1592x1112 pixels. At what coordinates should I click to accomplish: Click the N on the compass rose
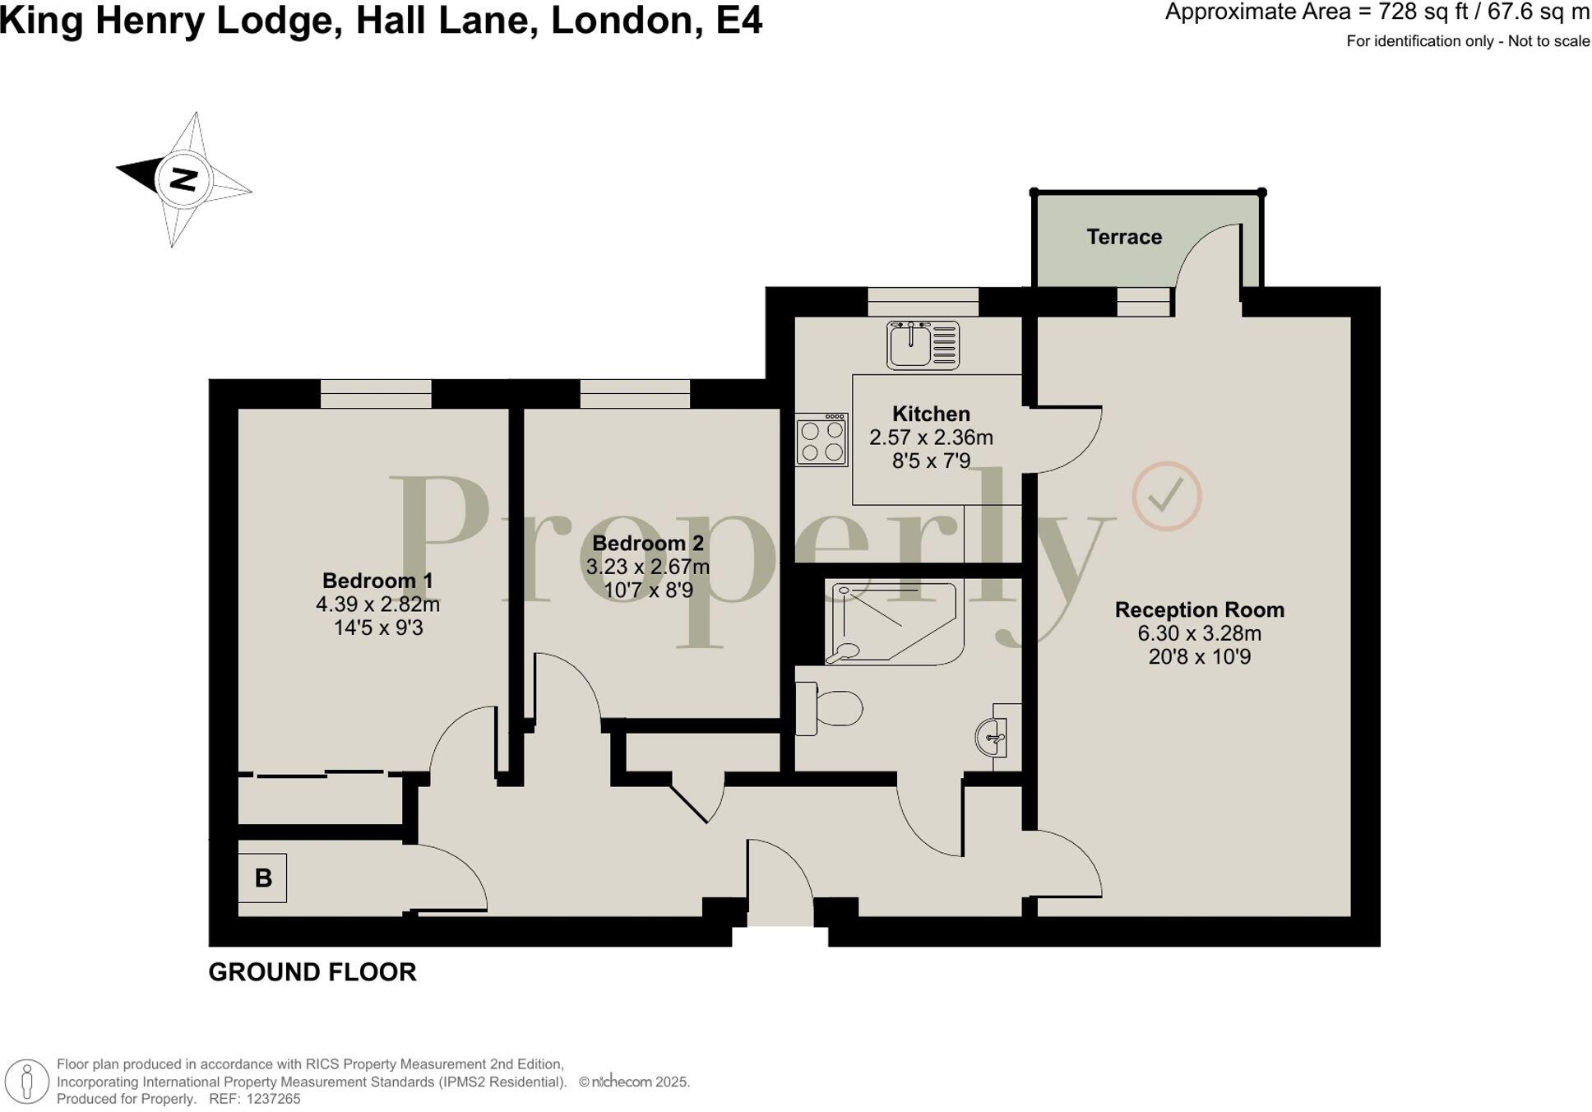click(x=183, y=178)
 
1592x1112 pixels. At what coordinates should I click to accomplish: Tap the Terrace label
click(x=1123, y=237)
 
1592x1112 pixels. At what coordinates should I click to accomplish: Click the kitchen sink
click(x=923, y=345)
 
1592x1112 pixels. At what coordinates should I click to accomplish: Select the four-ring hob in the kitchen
click(x=821, y=440)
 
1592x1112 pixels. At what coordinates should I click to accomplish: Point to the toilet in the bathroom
click(x=831, y=708)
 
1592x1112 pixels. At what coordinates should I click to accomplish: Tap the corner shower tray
click(x=892, y=623)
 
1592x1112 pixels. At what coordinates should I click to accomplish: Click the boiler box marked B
click(x=262, y=878)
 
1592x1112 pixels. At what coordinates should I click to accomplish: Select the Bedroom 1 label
click(x=377, y=581)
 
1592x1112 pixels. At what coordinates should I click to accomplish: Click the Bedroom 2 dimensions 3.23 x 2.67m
click(x=647, y=567)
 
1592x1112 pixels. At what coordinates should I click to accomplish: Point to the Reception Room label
click(x=1199, y=609)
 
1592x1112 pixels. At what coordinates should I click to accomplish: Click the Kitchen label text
click(x=931, y=414)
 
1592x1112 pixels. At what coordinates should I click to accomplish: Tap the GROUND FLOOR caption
click(x=312, y=972)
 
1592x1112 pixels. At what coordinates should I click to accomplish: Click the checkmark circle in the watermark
click(x=1166, y=496)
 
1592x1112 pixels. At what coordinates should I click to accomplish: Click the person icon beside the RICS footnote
click(x=28, y=1081)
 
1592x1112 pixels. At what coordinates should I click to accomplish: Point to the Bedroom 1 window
click(x=376, y=393)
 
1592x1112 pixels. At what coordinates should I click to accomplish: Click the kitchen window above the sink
click(x=923, y=302)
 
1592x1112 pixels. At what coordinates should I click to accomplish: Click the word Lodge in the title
click(x=275, y=20)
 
